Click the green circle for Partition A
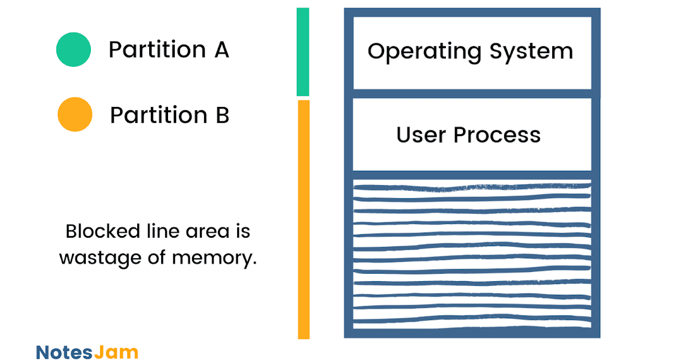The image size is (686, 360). [73, 50]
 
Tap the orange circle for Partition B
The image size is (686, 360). [75, 114]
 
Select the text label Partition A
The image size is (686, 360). [169, 50]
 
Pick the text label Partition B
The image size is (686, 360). [169, 115]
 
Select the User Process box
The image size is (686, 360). [472, 135]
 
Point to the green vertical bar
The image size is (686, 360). [303, 52]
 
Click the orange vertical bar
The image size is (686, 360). [304, 219]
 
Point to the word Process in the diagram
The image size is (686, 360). [497, 135]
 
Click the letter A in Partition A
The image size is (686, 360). [221, 50]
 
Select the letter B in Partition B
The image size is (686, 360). [222, 115]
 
